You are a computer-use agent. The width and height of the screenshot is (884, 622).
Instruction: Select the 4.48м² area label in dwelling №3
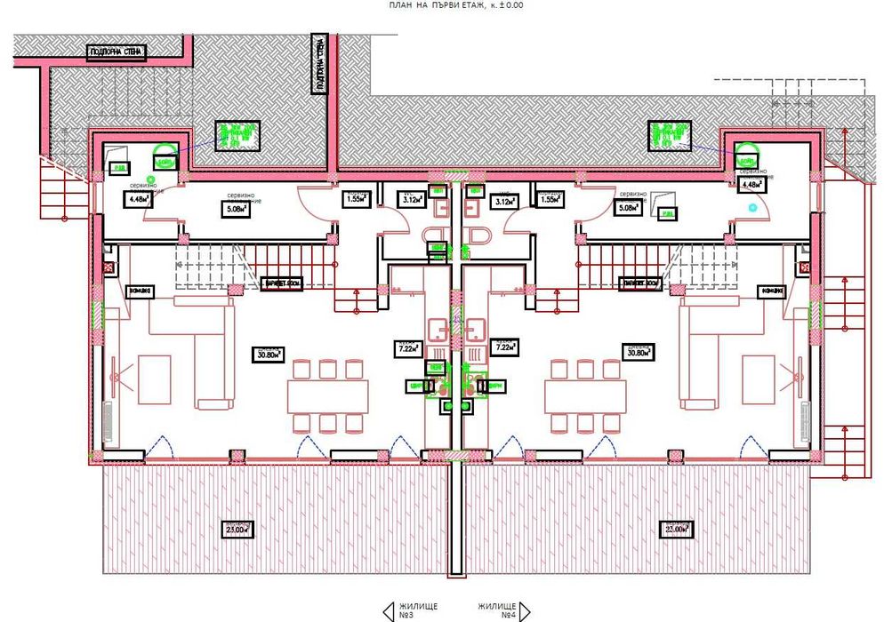pos(138,200)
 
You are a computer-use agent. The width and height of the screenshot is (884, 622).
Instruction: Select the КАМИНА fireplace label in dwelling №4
pos(770,291)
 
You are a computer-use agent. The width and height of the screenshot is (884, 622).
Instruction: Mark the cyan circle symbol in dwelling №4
pos(753,207)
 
